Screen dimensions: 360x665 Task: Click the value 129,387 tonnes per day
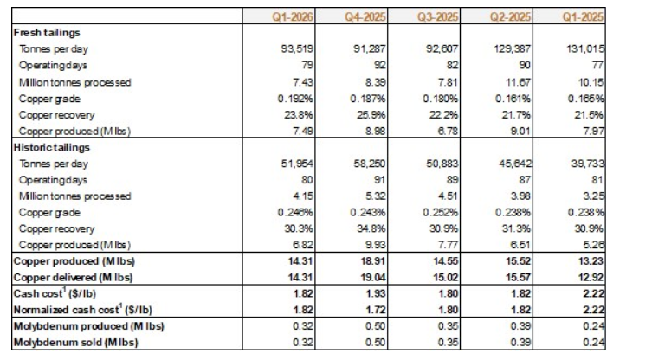(518, 48)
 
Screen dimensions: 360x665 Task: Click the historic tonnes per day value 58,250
(369, 164)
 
